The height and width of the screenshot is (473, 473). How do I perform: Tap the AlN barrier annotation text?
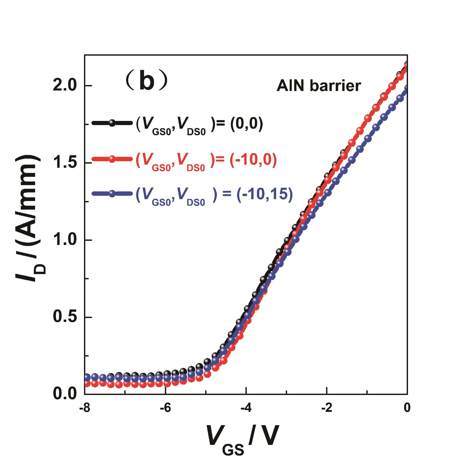318,86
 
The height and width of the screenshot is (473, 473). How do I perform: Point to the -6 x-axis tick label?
165,407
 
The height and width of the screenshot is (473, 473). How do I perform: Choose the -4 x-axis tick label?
246,407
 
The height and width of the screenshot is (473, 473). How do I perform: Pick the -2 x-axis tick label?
327,407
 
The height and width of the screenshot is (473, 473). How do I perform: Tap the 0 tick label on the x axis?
407,407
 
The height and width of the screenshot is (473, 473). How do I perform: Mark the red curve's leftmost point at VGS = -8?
87,383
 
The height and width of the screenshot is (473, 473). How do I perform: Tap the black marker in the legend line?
112,123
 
